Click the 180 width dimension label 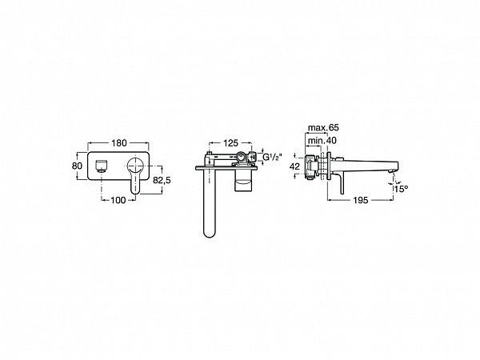coord(118,143)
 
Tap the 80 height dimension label coord(77,166)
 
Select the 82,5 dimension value coord(162,181)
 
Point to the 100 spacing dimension coord(118,200)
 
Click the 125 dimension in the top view coord(230,143)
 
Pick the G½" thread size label coord(272,157)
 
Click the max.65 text coord(323,128)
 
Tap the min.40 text coord(322,141)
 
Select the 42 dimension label coord(294,166)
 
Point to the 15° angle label coord(401,189)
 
